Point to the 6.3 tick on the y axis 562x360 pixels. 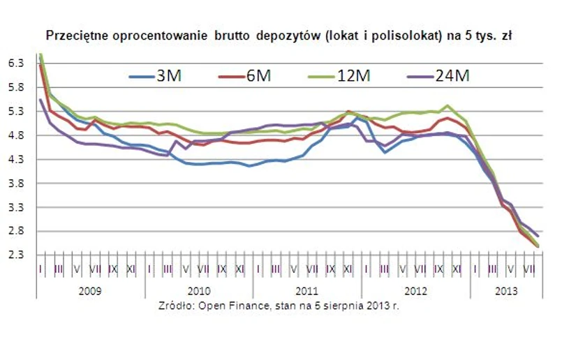16,63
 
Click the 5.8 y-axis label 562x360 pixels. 16,87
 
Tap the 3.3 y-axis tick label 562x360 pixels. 16,208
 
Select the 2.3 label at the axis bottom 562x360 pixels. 16,255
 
